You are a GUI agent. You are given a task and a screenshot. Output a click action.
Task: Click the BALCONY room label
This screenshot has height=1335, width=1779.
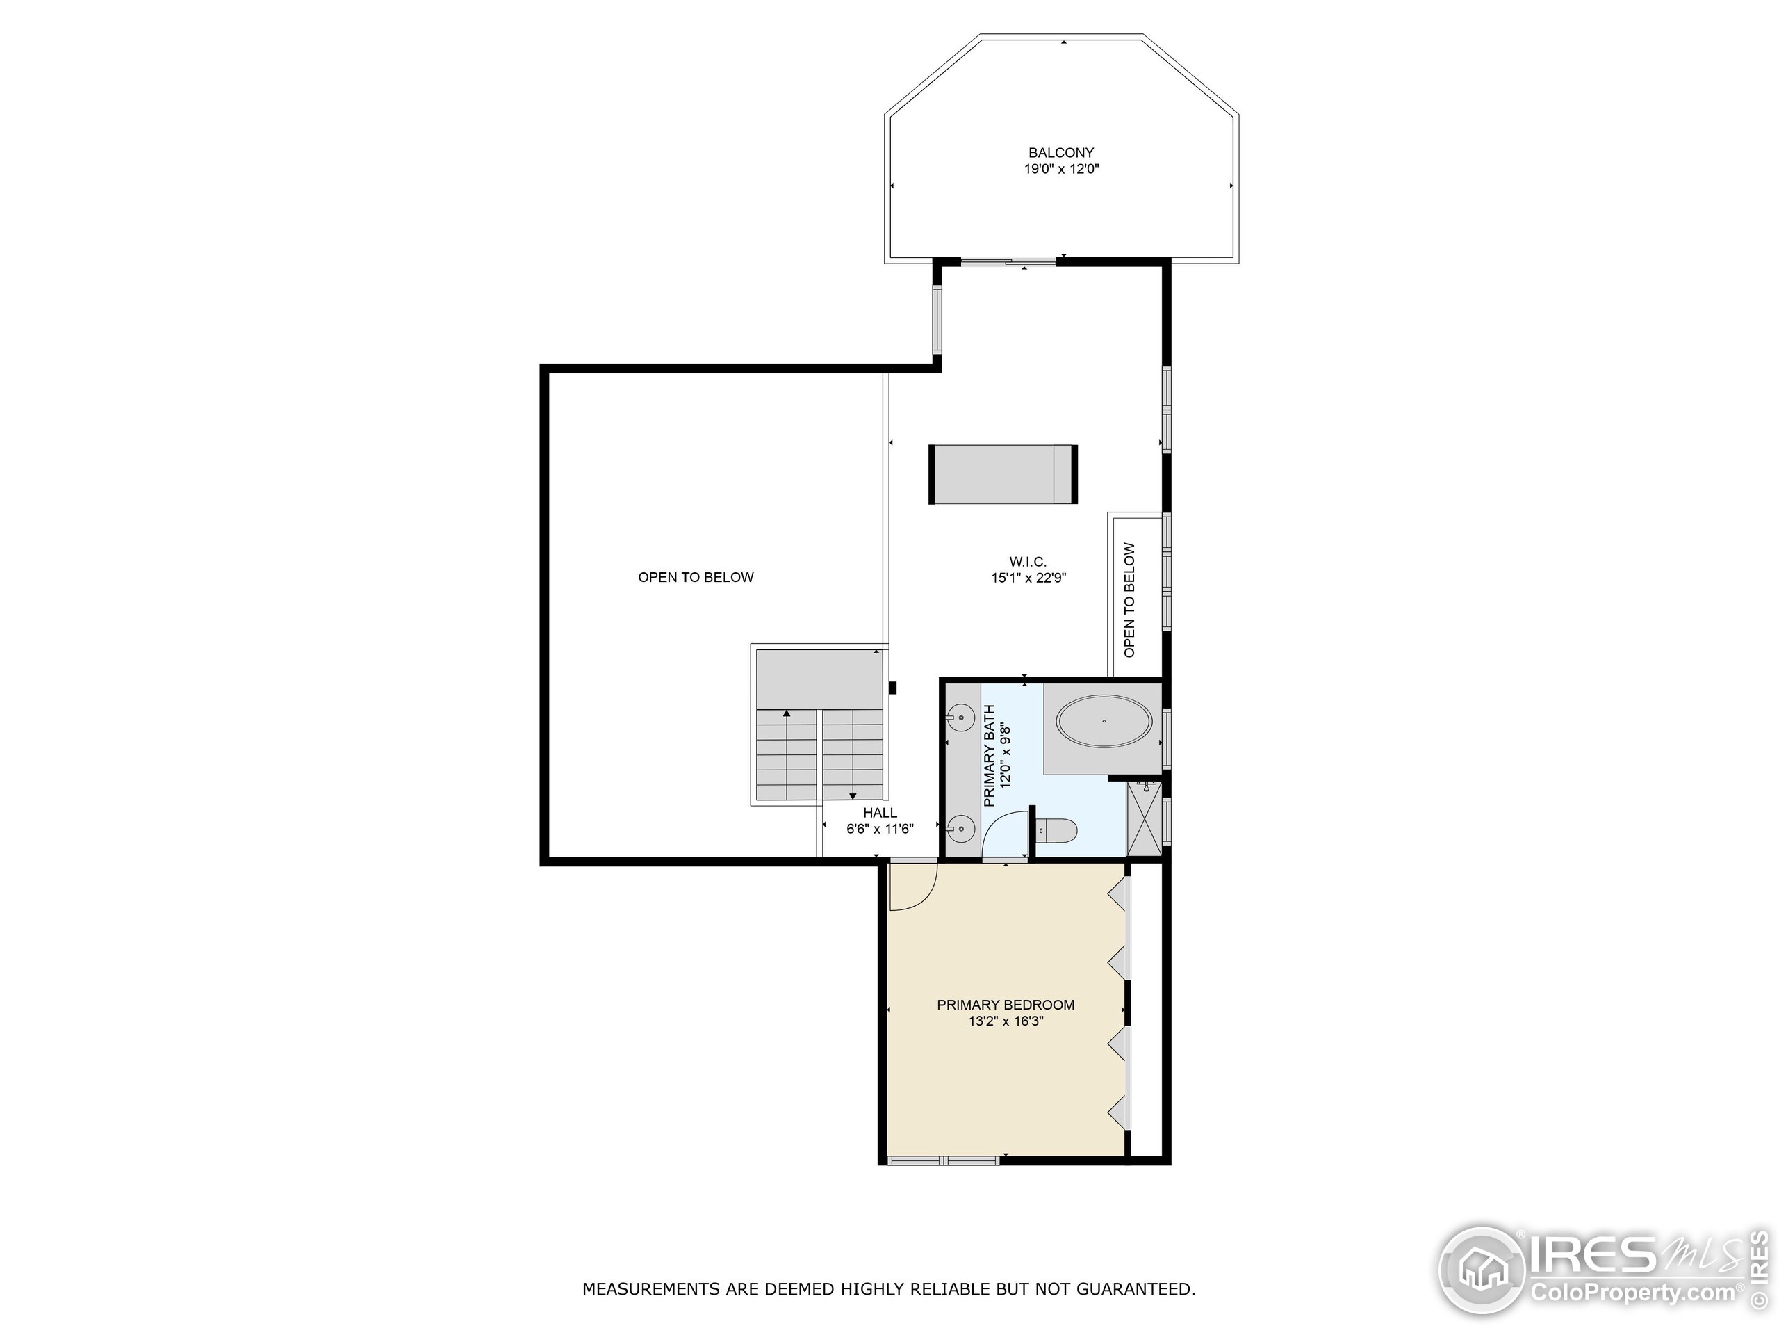pyautogui.click(x=1061, y=152)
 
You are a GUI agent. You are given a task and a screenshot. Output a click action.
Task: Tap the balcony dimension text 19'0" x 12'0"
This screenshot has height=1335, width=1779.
pyautogui.click(x=1061, y=170)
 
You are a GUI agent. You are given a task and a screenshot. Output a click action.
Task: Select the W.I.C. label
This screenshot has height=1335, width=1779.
pyautogui.click(x=1028, y=561)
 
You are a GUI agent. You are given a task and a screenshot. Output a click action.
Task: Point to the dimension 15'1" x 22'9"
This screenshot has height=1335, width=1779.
pyautogui.click(x=1028, y=578)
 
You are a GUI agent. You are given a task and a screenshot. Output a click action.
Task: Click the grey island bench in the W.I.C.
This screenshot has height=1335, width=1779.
pyautogui.click(x=1003, y=474)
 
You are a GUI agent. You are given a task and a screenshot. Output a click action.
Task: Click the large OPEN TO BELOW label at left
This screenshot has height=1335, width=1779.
pyautogui.click(x=696, y=577)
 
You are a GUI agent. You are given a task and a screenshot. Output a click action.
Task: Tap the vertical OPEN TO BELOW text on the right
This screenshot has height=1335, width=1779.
pyautogui.click(x=1129, y=599)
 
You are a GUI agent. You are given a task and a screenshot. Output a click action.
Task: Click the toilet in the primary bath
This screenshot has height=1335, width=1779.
pyautogui.click(x=1056, y=829)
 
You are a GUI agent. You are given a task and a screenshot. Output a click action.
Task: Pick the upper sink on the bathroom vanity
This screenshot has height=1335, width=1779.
pyautogui.click(x=960, y=715)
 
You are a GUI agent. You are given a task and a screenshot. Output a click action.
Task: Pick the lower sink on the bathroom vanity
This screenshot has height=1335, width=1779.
pyautogui.click(x=960, y=827)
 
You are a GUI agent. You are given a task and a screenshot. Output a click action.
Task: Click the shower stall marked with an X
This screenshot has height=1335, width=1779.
pyautogui.click(x=1144, y=818)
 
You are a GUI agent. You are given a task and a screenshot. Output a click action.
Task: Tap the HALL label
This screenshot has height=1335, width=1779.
pyautogui.click(x=880, y=813)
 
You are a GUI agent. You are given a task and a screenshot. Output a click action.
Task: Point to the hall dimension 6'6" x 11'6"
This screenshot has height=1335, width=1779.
pyautogui.click(x=880, y=829)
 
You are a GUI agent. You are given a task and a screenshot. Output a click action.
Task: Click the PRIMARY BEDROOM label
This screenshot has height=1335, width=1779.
pyautogui.click(x=1006, y=1004)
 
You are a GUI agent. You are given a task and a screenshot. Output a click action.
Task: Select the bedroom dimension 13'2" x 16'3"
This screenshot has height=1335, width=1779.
pyautogui.click(x=1006, y=1021)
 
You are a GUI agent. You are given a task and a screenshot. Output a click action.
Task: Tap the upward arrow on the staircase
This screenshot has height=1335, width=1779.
pyautogui.click(x=786, y=714)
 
